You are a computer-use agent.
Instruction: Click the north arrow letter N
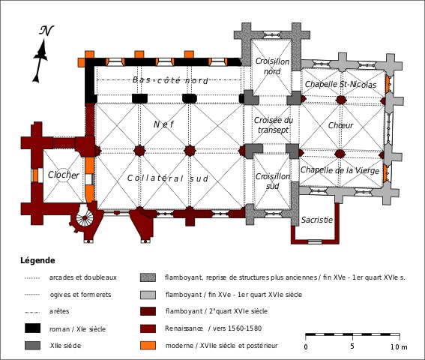click(46, 31)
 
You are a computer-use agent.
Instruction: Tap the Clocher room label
click(64, 175)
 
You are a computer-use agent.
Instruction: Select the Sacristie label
click(317, 220)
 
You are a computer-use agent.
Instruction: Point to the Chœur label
click(341, 125)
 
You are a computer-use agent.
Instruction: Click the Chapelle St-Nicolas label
click(340, 84)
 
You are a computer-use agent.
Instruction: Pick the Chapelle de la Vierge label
click(340, 170)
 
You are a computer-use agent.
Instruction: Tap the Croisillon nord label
click(272, 67)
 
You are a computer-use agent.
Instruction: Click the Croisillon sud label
click(272, 181)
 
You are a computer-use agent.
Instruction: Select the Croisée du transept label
click(273, 124)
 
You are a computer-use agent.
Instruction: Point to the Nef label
click(163, 124)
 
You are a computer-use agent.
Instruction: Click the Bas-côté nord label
click(170, 80)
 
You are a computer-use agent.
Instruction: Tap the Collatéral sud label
click(167, 178)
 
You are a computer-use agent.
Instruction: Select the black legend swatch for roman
click(32, 328)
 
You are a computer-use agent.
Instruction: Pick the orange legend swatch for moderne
click(148, 346)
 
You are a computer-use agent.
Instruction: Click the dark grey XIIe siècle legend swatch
click(32, 346)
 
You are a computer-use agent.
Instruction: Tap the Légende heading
click(37, 261)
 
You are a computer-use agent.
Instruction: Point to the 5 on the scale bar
click(352, 346)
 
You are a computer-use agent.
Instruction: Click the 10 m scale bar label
click(399, 347)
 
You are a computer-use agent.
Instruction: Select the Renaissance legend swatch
click(148, 328)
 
